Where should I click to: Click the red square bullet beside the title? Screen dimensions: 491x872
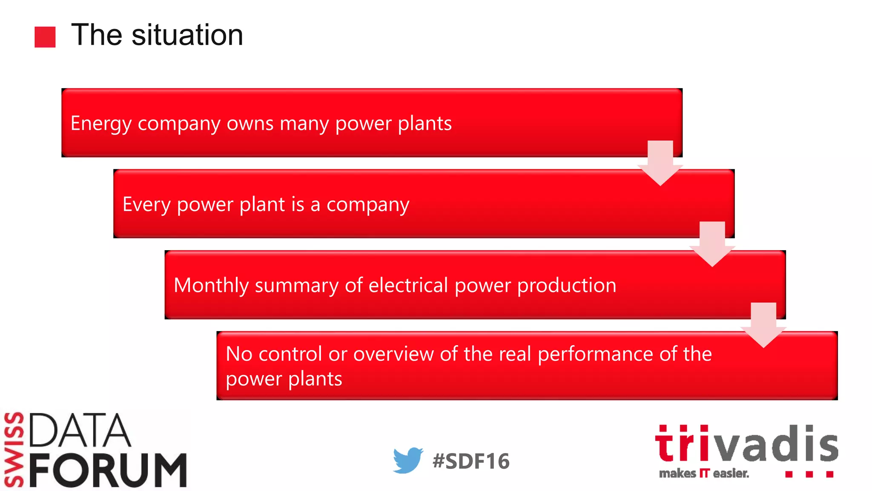(x=45, y=37)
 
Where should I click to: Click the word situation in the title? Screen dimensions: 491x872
(x=187, y=35)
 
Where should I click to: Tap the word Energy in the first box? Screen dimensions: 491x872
(x=101, y=124)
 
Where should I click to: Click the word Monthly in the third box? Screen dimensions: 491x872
(x=211, y=286)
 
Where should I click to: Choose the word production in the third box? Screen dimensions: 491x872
(x=566, y=286)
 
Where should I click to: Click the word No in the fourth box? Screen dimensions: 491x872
(x=239, y=354)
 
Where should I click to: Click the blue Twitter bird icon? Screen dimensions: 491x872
(x=407, y=460)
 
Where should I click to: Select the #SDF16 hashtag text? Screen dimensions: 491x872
(x=470, y=461)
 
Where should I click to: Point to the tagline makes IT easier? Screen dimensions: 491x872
(x=703, y=474)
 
